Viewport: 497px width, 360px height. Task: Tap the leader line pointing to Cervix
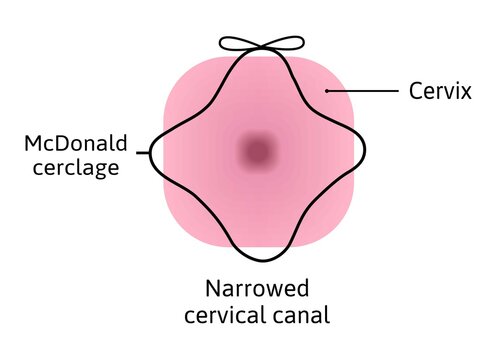[364, 92]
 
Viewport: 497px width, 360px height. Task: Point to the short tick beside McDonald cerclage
[147, 154]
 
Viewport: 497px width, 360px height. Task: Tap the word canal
[300, 317]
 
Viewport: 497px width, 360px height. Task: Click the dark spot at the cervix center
[259, 152]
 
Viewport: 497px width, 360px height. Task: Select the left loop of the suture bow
[240, 43]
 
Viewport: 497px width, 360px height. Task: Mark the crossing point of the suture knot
[263, 47]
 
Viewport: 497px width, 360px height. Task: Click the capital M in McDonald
[32, 144]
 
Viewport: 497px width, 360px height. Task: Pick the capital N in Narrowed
[213, 290]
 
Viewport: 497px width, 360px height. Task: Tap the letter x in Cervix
[469, 93]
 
